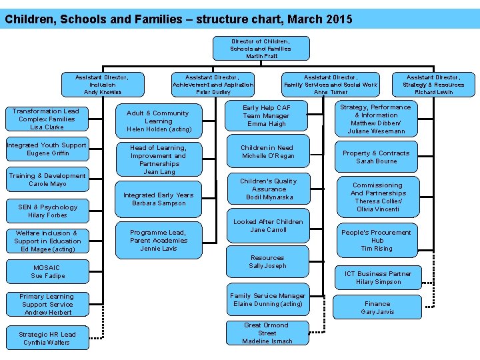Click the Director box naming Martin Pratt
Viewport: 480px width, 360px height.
coord(261,48)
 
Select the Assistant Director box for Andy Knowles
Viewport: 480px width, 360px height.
coord(103,85)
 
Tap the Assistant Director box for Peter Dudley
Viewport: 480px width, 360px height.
coord(213,85)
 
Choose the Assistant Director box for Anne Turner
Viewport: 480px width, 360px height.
coord(331,85)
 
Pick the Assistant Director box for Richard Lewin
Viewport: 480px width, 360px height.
coord(433,85)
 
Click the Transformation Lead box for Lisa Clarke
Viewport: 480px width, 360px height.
coord(46,119)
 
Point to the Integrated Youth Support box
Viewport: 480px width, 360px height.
coord(47,149)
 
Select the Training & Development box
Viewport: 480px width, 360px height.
coord(47,180)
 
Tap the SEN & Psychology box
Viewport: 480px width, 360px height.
coord(47,211)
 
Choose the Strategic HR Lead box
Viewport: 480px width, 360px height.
coord(47,338)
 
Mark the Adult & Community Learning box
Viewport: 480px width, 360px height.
coord(159,121)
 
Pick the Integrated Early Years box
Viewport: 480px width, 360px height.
coord(159,199)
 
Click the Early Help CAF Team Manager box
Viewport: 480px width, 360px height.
coord(267,115)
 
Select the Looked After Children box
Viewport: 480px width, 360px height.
coord(268,226)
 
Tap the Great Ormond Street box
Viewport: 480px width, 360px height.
coord(267,333)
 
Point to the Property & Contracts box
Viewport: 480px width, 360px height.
coord(376,157)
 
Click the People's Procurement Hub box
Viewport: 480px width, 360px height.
coord(377,240)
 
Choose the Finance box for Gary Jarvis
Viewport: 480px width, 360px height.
coord(377,307)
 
